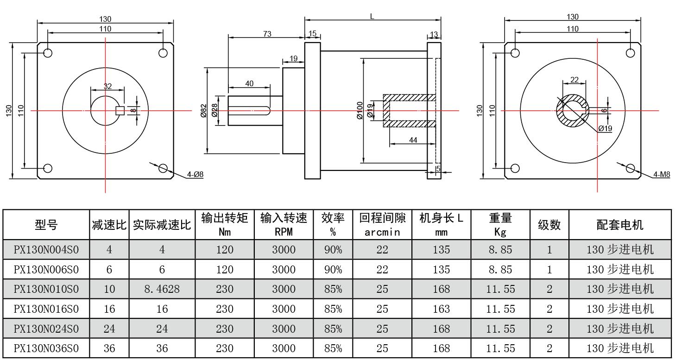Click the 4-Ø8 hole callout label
pyautogui.click(x=195, y=175)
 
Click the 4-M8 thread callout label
pyautogui.click(x=662, y=175)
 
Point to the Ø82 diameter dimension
pyautogui.click(x=203, y=111)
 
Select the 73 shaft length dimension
pyautogui.click(x=267, y=34)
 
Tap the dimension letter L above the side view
pyautogui.click(x=372, y=16)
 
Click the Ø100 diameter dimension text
pyautogui.click(x=360, y=111)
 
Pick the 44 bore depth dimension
pyautogui.click(x=413, y=139)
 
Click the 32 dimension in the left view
pyautogui.click(x=107, y=86)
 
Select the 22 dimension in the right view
pyautogui.click(x=574, y=80)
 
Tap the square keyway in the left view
pyautogui.click(x=120, y=110)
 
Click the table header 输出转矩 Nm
pyautogui.click(x=225, y=225)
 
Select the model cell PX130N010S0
pyautogui.click(x=46, y=289)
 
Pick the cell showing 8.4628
pyautogui.click(x=162, y=289)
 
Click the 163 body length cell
pyautogui.click(x=441, y=309)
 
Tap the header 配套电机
pyautogui.click(x=620, y=225)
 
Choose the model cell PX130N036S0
pyautogui.click(x=46, y=348)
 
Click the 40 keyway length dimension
pyautogui.click(x=249, y=83)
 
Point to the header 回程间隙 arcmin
pyautogui.click(x=382, y=225)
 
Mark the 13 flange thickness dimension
pyautogui.click(x=434, y=35)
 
